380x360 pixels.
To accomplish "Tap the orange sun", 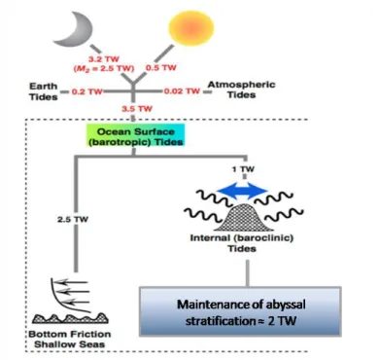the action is coord(191,27).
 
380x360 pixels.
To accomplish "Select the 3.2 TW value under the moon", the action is coord(104,59).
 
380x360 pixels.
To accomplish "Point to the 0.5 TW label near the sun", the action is coord(161,68).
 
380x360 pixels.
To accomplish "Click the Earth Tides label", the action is coord(44,91).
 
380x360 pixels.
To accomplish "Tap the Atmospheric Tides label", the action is coord(241,90).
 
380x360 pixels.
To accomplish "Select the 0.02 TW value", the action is coord(182,91).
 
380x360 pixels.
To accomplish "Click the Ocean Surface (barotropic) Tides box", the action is coord(135,137).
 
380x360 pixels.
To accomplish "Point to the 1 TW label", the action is coord(244,169).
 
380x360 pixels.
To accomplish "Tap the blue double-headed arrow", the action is coord(242,191).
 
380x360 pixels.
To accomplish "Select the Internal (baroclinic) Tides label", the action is coord(242,243).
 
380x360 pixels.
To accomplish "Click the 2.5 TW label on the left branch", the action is coord(73,220).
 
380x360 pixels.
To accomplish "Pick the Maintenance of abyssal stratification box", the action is coord(240,311).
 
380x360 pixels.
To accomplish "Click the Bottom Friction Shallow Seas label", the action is coord(70,339).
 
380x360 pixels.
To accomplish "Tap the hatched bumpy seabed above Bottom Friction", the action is coord(70,318).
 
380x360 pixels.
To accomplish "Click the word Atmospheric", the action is coord(241,85).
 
